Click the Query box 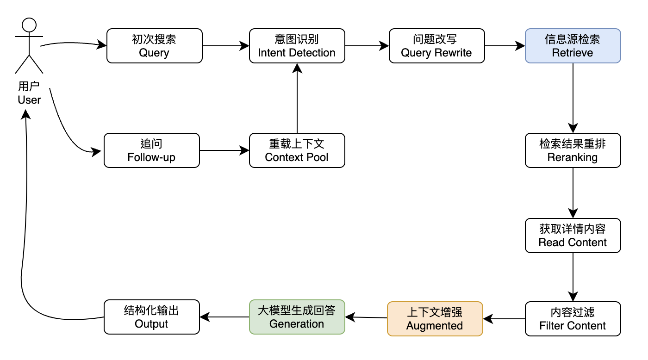point(154,46)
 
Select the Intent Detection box point(297,46)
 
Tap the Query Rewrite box point(436,46)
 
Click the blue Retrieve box point(573,46)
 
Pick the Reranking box point(573,150)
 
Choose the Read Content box point(573,236)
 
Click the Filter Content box point(573,319)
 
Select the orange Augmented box point(435,318)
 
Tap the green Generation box point(297,317)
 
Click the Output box point(151,317)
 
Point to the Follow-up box point(151,150)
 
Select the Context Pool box point(297,150)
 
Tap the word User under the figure point(29,100)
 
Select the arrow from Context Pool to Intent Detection point(297,99)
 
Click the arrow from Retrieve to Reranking point(573,97)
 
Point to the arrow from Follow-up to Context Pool point(224,150)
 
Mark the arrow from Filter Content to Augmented point(504,319)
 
